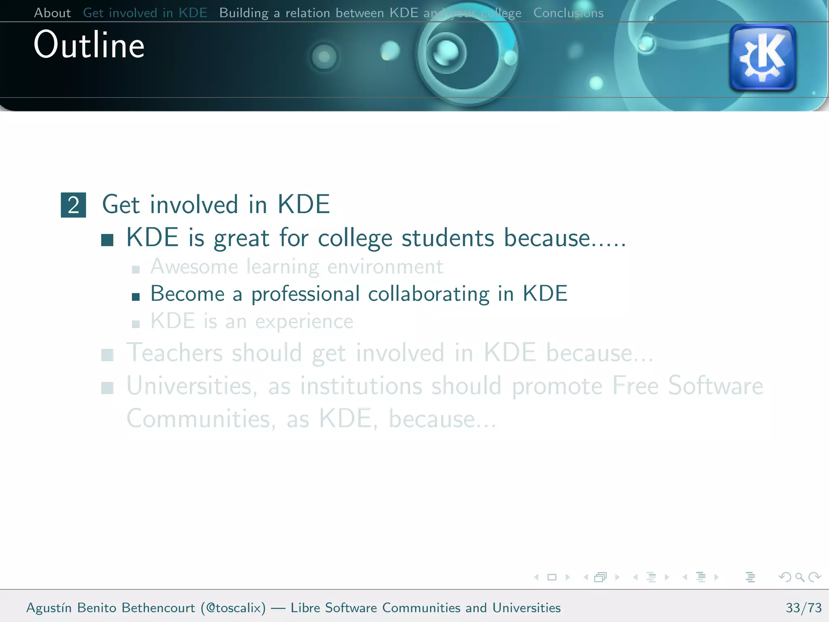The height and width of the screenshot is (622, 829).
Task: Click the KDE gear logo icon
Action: [762, 58]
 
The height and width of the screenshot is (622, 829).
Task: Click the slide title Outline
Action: [89, 45]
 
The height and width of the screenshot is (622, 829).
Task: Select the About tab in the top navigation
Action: [52, 13]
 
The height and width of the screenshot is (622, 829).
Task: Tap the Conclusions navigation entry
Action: [568, 13]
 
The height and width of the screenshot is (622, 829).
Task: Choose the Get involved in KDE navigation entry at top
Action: [145, 13]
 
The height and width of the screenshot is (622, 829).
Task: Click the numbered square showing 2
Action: [73, 205]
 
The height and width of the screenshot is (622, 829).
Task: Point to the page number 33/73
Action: [803, 607]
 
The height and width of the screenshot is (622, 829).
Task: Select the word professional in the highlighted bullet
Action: [305, 294]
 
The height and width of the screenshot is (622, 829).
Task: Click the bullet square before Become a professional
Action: [136, 297]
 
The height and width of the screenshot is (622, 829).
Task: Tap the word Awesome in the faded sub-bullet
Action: [194, 267]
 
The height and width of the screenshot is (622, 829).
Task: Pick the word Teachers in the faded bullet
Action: [174, 353]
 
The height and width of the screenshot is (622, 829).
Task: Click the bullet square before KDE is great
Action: [107, 240]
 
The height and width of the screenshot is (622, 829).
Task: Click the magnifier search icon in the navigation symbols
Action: [799, 577]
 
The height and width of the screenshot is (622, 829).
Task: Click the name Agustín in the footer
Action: [49, 607]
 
